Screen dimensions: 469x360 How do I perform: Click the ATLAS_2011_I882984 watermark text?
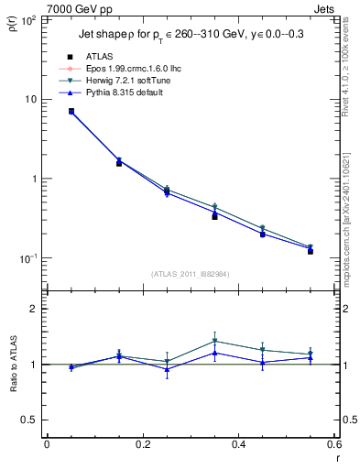(x=191, y=273)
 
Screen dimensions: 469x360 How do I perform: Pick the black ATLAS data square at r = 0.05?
(x=71, y=111)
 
